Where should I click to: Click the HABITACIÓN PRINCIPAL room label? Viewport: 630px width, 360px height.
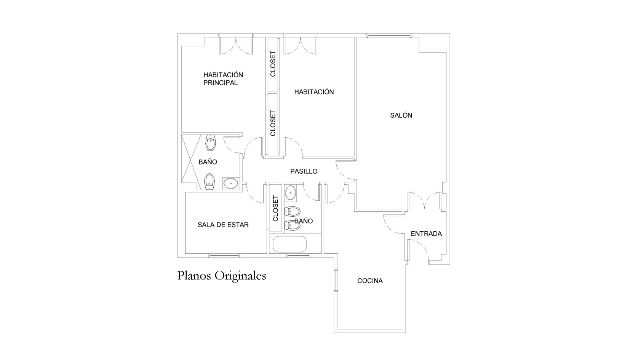pos(223,79)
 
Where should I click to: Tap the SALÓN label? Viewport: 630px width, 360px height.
pos(401,115)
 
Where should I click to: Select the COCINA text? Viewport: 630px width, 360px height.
pos(369,281)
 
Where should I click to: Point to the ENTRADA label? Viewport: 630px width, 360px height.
pos(426,234)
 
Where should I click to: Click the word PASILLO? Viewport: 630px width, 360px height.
pos(304,171)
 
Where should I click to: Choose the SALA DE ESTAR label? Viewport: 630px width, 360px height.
pos(223,225)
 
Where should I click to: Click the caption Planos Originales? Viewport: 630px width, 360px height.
pos(222,275)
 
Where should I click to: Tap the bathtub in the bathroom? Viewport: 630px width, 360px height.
pos(289,244)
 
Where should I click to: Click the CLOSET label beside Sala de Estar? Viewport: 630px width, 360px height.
pos(276,208)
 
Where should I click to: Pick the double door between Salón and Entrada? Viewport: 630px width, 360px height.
pos(424,201)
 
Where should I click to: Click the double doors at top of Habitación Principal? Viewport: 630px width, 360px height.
pos(236,45)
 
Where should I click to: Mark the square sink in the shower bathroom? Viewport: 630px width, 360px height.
pos(230,184)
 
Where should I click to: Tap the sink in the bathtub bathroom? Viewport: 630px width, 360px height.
pos(291,192)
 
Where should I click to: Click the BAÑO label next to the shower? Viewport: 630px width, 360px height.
pos(208,162)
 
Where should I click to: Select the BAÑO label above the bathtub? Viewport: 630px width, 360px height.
pos(304,221)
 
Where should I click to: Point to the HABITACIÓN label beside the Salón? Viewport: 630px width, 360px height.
pos(314,92)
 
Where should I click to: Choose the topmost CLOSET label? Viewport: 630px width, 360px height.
pos(273,64)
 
